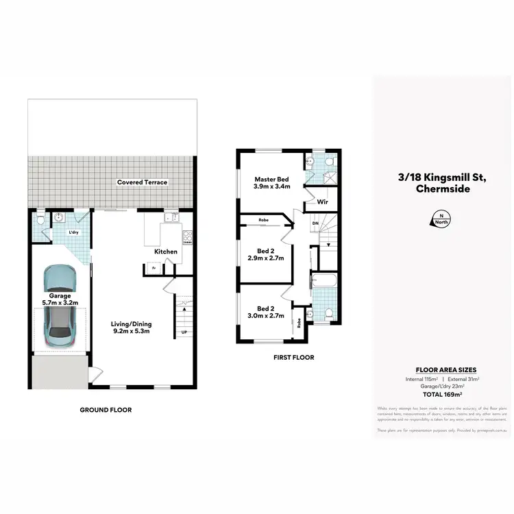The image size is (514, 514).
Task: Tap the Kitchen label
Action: coord(166,252)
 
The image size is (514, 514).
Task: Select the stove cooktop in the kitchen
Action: coord(186,238)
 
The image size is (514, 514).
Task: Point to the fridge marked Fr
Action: coord(154,269)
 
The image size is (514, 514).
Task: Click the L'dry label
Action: coord(73,232)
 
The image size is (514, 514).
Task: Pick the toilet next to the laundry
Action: coord(41,220)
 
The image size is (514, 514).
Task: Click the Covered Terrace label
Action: coord(142,182)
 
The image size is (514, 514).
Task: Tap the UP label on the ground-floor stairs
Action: coord(184,333)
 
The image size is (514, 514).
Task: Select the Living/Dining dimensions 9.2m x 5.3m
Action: coord(132,332)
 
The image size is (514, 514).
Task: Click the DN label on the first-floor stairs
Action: coord(315,223)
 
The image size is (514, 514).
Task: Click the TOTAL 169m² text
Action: coord(441,395)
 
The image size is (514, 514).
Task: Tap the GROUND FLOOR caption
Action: coord(106,410)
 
